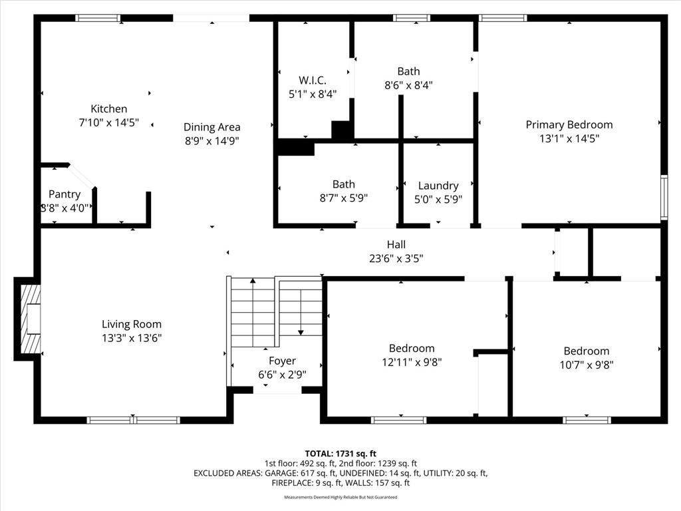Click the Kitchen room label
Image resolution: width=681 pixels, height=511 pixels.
point(108,108)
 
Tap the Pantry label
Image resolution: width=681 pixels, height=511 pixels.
point(65,194)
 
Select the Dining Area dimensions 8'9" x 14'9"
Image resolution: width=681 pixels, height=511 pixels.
point(211,140)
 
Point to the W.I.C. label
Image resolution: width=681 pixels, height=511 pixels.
point(312,80)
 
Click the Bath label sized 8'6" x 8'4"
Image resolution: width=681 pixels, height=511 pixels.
point(408,71)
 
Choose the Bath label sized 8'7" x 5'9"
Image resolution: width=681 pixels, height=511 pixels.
point(343,184)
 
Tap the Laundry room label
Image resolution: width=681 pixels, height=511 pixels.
point(438,186)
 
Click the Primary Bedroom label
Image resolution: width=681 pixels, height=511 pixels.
point(569,124)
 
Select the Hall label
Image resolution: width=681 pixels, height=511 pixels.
point(396,245)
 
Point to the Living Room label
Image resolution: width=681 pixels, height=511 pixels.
point(131,324)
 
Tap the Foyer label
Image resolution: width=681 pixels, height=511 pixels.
point(282,361)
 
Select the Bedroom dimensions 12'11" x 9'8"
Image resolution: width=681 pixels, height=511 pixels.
point(411,363)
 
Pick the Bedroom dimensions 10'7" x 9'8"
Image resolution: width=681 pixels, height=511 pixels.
point(586,365)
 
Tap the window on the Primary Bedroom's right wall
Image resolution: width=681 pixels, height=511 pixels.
point(663,197)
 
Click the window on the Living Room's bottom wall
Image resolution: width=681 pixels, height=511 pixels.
point(134,420)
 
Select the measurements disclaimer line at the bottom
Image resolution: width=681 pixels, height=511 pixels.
point(340,497)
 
